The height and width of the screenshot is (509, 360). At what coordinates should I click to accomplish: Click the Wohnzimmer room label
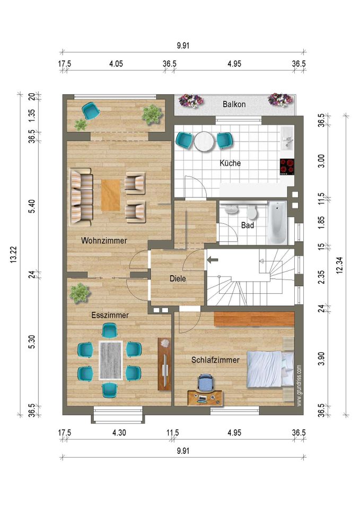point(104,241)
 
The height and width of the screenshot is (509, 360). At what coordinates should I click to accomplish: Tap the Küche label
point(230,163)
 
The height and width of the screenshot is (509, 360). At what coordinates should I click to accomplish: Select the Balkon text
point(234,104)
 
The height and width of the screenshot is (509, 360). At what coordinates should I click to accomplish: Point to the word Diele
point(178,278)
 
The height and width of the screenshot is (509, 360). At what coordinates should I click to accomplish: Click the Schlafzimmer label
point(215,360)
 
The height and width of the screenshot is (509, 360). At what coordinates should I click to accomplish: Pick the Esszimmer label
point(110,315)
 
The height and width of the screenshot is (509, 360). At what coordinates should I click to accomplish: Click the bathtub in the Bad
point(277,223)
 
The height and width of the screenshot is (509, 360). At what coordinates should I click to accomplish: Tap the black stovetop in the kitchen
point(287,167)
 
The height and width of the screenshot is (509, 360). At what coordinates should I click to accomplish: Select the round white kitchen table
point(204,141)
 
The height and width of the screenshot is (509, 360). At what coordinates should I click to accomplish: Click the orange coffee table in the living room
point(111,195)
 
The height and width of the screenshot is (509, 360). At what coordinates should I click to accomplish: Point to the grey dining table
point(111,361)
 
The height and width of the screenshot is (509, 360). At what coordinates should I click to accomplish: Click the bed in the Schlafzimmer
point(270,370)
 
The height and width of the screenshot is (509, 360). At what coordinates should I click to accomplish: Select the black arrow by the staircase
point(213,260)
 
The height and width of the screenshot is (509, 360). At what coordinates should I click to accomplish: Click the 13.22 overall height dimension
point(13,255)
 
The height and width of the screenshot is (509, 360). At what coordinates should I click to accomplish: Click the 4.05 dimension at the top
point(116,64)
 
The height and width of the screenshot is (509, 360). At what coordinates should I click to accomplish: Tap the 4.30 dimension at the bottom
point(119,433)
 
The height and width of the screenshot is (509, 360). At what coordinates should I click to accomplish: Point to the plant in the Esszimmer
point(80,293)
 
